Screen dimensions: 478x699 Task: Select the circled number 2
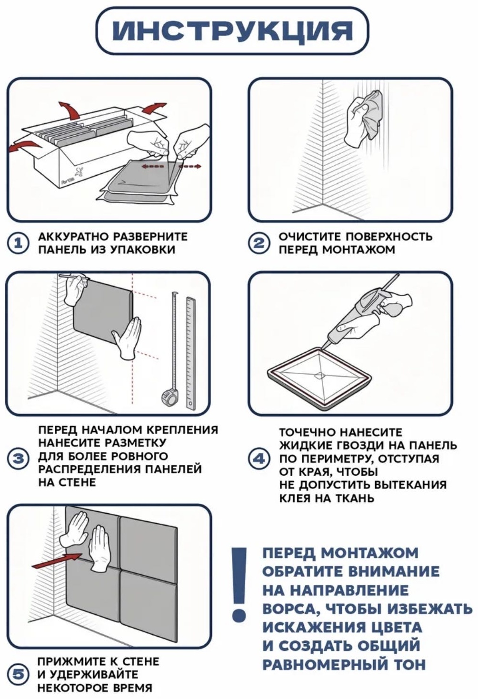coord(259,243)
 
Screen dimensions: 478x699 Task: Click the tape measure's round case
coord(169,399)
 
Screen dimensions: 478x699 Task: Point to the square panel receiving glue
coord(319,377)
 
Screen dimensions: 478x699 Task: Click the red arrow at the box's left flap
coord(25,147)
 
